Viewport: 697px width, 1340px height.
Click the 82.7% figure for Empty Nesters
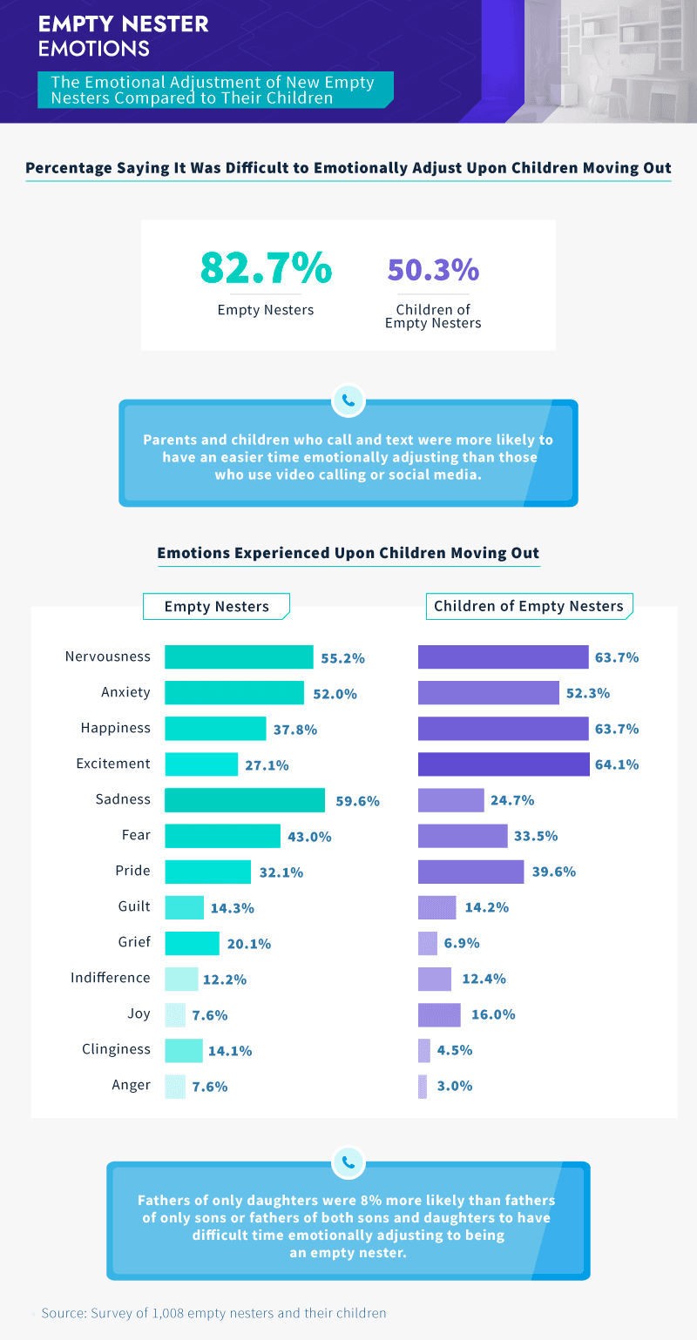point(265,267)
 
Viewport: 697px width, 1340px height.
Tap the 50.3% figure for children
point(433,269)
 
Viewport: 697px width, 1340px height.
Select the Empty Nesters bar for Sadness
point(244,799)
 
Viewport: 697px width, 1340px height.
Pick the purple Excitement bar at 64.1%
point(504,764)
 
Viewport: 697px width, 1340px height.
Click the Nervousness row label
point(107,657)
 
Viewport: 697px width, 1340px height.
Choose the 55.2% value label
point(342,658)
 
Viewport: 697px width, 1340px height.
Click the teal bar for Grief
point(192,943)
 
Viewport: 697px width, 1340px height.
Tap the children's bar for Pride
point(470,872)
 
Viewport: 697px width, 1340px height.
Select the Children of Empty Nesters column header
point(529,606)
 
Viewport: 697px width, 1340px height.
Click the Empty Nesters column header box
point(216,607)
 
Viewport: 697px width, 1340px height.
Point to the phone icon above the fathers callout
point(348,1162)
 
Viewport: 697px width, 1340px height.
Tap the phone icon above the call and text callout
point(348,401)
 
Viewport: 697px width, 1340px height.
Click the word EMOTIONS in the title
point(93,49)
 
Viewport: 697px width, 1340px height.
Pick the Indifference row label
point(110,978)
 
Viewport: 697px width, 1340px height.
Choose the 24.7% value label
point(512,800)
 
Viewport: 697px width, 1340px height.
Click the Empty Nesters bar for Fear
point(222,836)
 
